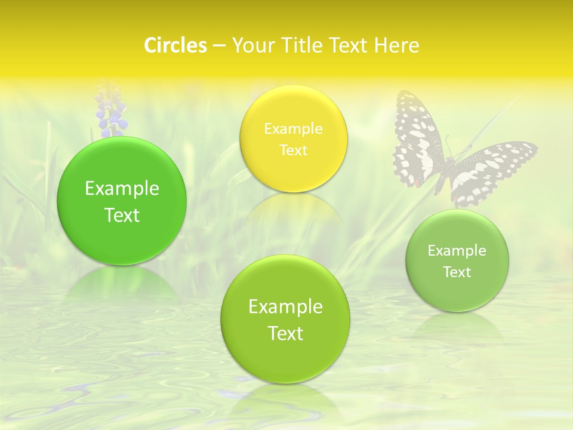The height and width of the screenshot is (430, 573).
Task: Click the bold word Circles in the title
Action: coord(175,45)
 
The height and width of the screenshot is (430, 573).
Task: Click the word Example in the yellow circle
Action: coord(293,128)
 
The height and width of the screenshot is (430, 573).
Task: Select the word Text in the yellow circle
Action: coord(293,150)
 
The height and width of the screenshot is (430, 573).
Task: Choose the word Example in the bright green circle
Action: coord(122,189)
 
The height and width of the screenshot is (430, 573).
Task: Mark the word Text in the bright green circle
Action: coord(122,215)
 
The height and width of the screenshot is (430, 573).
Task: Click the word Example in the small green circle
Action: coord(457,250)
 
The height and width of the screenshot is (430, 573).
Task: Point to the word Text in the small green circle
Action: coord(457,272)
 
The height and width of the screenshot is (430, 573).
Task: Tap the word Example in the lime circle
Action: coord(285,306)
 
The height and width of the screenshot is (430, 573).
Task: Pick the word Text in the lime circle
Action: coord(285,333)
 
